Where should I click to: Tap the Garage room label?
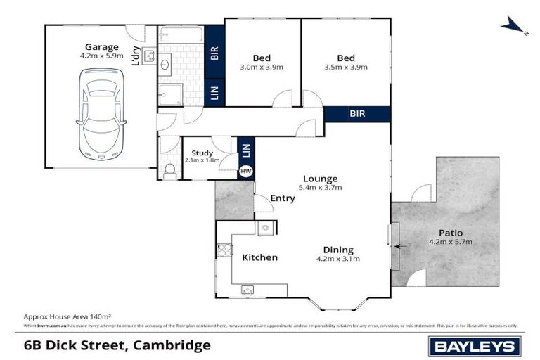(101, 47)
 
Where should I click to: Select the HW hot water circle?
(245, 170)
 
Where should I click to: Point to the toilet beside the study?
(169, 170)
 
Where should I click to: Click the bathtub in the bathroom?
(180, 34)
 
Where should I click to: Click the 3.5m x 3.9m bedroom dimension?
(345, 67)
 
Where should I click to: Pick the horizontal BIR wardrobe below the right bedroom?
(357, 114)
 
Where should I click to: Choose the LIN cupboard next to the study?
(245, 149)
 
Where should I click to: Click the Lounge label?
(321, 179)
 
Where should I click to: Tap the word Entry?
(283, 198)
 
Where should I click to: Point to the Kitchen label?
(259, 257)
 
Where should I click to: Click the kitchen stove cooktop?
(225, 251)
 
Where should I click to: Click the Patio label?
(450, 233)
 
